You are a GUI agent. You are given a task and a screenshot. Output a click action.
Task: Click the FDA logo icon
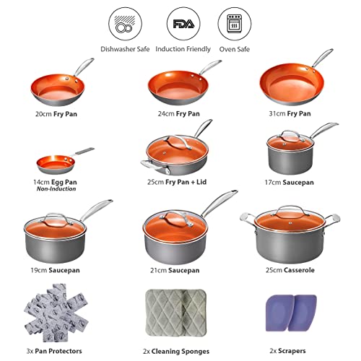[x=183, y=24]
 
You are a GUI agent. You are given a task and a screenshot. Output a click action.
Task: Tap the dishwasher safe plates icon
[x=125, y=24]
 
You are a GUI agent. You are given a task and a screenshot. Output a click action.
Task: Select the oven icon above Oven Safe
[x=235, y=23]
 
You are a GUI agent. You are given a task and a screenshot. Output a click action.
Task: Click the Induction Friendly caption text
[x=183, y=49]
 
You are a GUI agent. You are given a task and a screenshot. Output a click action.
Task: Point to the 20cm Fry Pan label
[x=56, y=114]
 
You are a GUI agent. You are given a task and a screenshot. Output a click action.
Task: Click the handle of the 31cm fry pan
[x=323, y=58]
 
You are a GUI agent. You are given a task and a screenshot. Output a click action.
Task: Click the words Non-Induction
[x=56, y=189]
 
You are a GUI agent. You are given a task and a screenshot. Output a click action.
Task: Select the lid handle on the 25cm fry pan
[x=179, y=142]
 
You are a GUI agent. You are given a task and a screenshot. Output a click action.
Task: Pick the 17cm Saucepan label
[x=290, y=183]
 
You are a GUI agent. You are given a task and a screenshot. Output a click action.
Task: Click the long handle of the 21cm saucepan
[x=219, y=203]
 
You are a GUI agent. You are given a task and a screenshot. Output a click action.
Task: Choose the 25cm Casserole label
[x=290, y=270]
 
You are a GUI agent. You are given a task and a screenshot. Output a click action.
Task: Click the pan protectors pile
[x=56, y=313]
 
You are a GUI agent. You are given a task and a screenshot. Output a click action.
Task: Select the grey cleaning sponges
[x=176, y=313]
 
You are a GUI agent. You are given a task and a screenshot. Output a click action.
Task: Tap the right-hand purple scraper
[x=303, y=313]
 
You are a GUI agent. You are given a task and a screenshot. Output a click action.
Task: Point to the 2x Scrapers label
[x=287, y=351]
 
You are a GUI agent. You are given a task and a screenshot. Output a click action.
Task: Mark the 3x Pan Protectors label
[x=54, y=351]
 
